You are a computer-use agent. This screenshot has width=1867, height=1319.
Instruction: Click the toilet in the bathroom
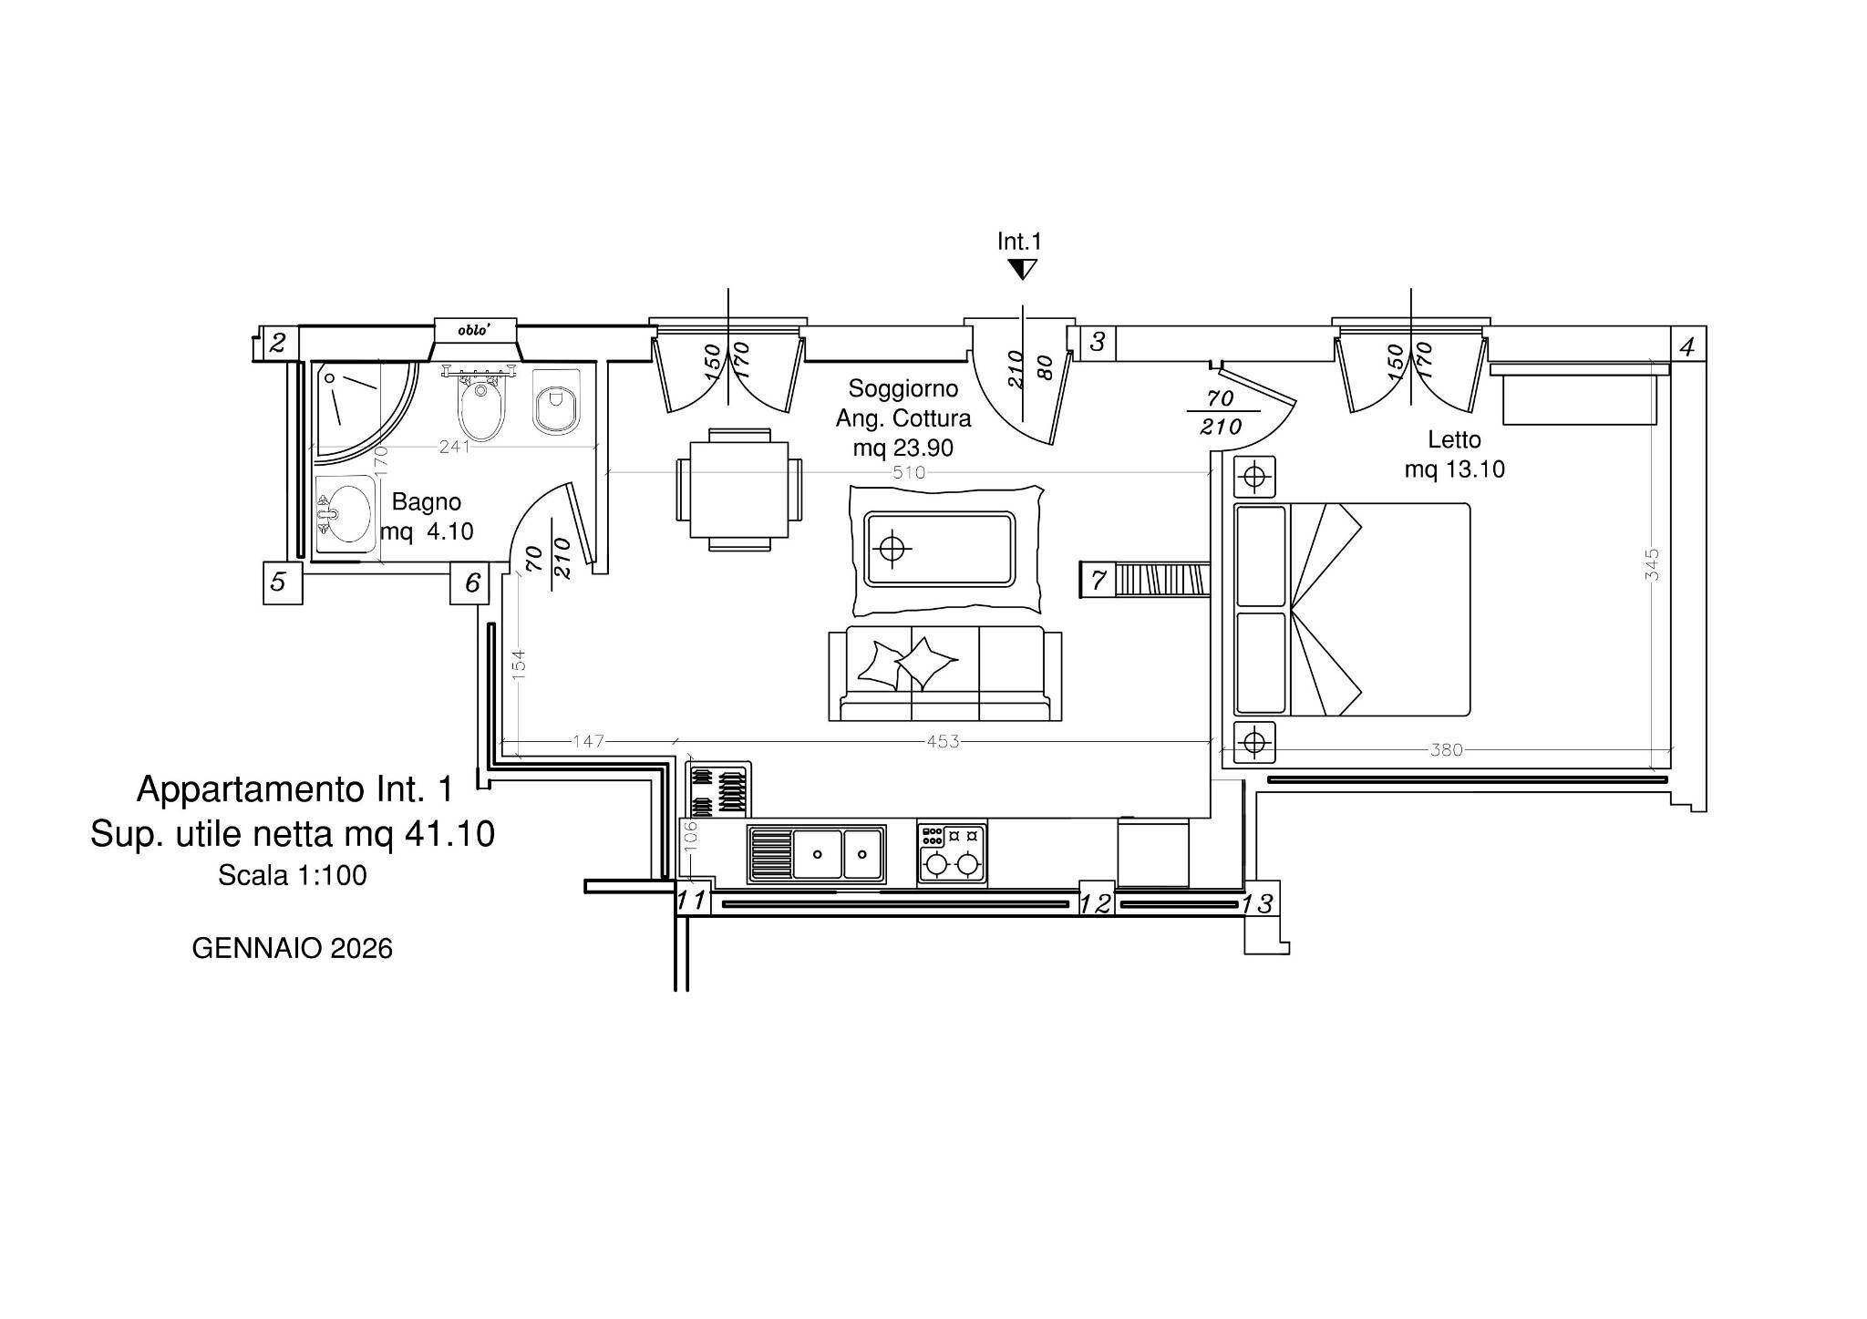[x=556, y=402]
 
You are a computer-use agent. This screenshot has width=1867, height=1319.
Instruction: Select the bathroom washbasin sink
[x=345, y=516]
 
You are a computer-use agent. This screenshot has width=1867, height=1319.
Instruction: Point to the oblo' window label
[x=474, y=330]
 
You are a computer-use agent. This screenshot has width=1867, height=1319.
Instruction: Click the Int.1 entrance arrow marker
[x=1022, y=269]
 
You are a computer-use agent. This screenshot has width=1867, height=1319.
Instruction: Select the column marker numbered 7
[x=1098, y=580]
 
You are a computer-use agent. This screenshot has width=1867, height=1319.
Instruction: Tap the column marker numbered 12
[x=1096, y=903]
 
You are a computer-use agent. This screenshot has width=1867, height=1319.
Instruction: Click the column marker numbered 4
[x=1687, y=347]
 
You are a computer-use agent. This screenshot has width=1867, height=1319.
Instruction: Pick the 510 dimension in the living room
[x=909, y=472]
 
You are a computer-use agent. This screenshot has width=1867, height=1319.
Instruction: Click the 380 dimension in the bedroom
[x=1447, y=750]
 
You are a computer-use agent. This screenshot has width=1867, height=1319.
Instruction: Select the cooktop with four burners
[x=952, y=853]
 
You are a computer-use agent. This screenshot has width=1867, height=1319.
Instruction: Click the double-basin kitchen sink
[x=816, y=854]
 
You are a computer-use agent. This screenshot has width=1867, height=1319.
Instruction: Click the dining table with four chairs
[x=739, y=489]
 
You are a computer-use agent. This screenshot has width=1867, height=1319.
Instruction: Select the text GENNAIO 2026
[x=292, y=949]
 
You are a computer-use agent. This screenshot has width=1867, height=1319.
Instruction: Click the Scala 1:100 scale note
[x=292, y=876]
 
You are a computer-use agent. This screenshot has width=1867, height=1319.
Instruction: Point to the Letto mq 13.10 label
[x=1454, y=454]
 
